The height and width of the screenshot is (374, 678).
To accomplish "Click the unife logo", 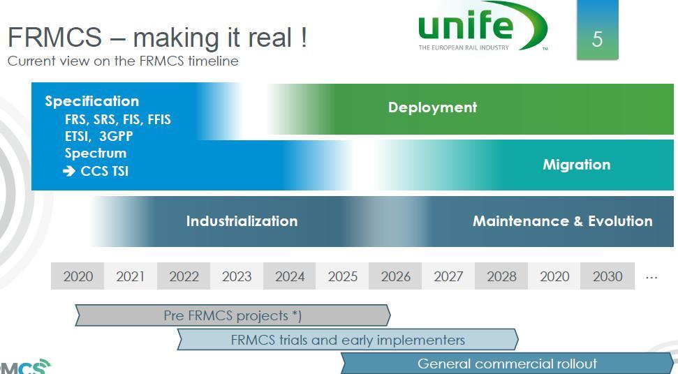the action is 482,27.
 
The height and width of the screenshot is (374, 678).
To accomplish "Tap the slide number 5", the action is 597,39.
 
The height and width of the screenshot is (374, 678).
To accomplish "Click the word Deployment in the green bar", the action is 432,107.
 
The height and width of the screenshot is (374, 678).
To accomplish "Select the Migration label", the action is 576,165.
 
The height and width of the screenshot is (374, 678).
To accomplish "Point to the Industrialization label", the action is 242,221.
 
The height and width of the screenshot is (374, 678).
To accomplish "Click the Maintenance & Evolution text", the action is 563,221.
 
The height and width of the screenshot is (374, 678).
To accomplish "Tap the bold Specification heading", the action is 92,101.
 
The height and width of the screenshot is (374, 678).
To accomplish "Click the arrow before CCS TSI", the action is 69,171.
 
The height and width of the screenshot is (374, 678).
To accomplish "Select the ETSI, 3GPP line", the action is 98,137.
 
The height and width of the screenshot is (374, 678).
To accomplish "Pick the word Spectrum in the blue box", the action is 96,154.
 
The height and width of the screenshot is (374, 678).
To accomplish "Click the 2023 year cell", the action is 237,276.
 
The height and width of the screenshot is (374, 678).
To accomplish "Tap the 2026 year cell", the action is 395,276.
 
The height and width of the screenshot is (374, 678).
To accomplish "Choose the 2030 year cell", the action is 607,276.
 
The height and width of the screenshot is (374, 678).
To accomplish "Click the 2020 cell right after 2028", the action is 554,276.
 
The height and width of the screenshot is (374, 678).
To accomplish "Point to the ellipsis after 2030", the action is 651,278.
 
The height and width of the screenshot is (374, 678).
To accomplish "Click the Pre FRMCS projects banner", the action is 233,315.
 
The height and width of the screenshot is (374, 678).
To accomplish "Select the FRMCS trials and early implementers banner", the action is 348,339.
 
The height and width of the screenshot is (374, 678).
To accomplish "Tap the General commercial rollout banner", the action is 507,364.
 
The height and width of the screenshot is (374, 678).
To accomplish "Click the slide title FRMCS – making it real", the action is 157,38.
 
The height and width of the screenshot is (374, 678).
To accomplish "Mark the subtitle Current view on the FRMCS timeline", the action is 123,61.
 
